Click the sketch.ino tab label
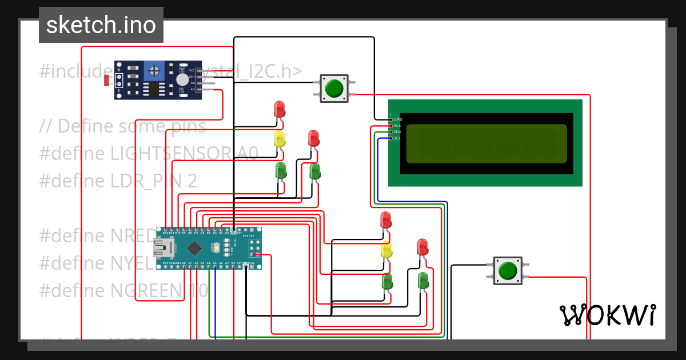[x=101, y=25]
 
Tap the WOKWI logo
[x=607, y=315]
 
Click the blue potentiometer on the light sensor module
[x=153, y=71]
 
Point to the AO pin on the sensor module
[x=193, y=89]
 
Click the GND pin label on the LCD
[x=398, y=119]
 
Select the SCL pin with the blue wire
[x=392, y=138]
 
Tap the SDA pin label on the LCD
[x=398, y=132]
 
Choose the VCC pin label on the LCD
[x=398, y=126]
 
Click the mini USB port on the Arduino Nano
[x=159, y=248]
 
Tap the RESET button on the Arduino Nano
[x=216, y=248]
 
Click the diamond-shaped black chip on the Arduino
[x=194, y=248]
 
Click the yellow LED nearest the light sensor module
[x=280, y=139]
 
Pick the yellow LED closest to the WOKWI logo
[x=387, y=250]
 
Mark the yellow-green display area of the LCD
[x=486, y=143]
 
